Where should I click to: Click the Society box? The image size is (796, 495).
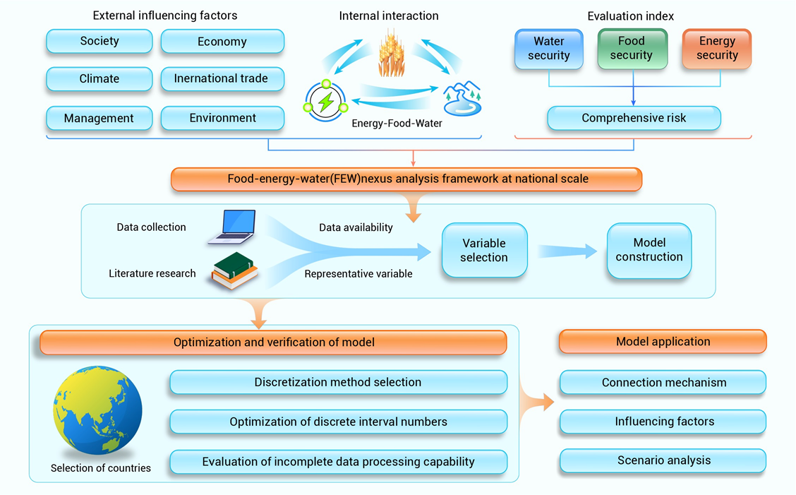99,42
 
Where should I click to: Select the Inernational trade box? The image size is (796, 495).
222,79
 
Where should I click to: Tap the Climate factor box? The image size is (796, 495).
99,79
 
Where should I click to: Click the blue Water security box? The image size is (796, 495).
549,49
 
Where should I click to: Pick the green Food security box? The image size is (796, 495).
632,49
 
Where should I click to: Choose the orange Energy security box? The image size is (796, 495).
717,49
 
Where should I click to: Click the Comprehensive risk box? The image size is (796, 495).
634,118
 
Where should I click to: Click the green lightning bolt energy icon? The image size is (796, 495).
326,102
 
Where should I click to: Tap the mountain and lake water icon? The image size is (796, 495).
462,100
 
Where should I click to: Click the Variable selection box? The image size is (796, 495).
484,251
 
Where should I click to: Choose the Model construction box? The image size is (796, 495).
649,250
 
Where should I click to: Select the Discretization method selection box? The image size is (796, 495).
338,383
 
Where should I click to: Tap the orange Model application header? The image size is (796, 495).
663,342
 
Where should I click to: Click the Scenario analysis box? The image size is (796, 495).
663,460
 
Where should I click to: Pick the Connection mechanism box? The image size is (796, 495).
663,383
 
